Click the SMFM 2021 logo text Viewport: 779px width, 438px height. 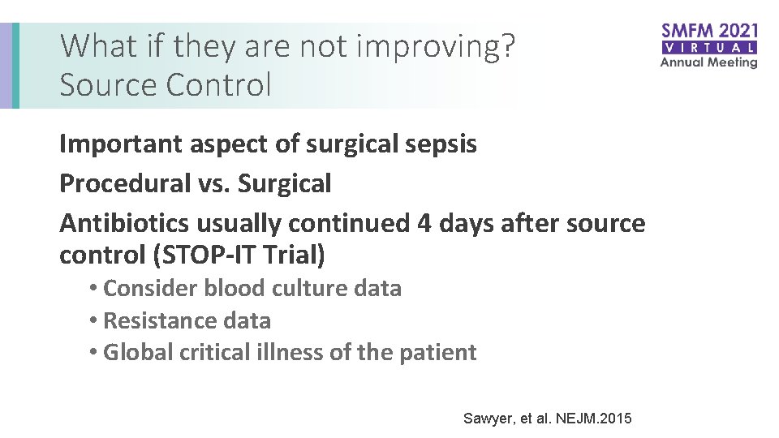[709, 32]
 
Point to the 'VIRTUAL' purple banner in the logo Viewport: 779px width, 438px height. [709, 48]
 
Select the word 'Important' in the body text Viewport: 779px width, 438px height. [119, 144]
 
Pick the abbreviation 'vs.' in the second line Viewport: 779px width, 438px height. [213, 183]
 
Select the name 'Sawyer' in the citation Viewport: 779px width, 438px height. [485, 419]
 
